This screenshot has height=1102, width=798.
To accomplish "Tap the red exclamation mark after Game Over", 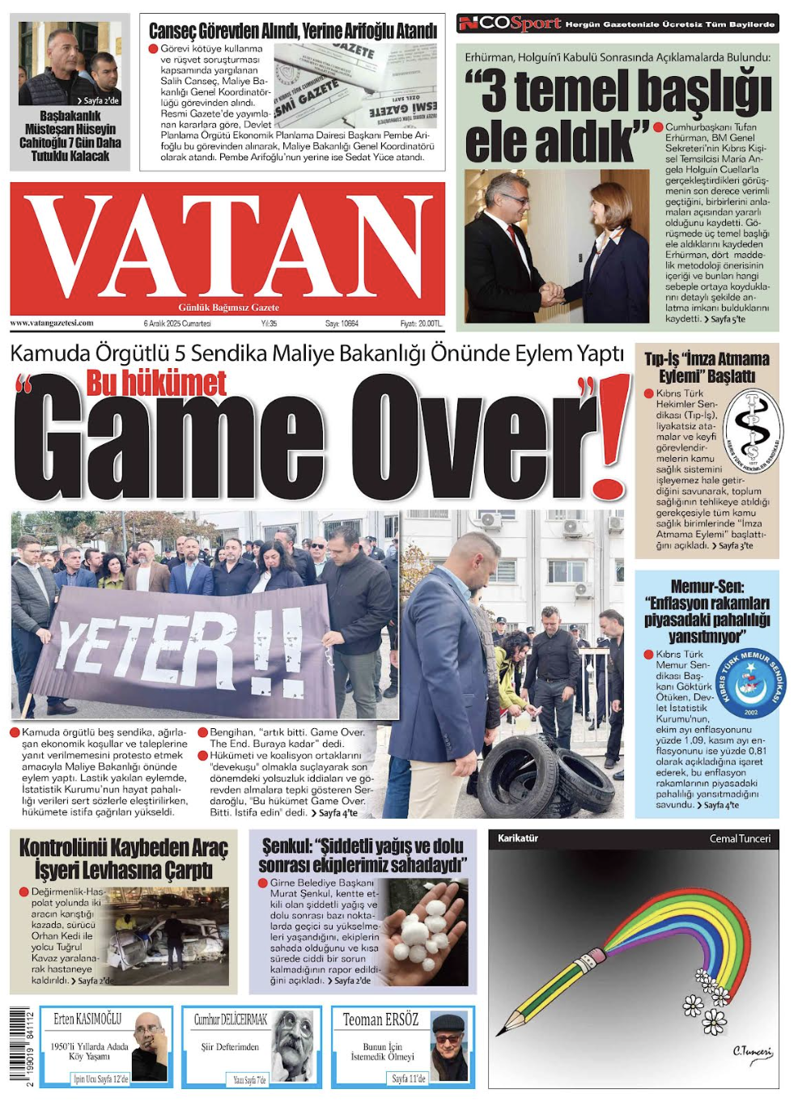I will pyautogui.click(x=613, y=437).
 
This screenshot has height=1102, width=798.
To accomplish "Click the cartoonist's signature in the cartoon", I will pyautogui.click(x=752, y=1052).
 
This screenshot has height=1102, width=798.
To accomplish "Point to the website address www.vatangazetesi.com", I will pyautogui.click(x=52, y=323).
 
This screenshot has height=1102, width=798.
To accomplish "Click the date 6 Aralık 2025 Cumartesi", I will pyautogui.click(x=177, y=324).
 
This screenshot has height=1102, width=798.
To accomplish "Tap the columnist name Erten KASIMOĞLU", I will pyautogui.click(x=87, y=1019).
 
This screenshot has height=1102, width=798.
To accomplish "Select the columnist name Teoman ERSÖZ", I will pyautogui.click(x=380, y=1019).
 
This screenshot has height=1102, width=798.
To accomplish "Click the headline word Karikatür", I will pyautogui.click(x=518, y=838).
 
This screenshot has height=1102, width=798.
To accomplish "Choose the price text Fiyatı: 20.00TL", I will pyautogui.click(x=421, y=324).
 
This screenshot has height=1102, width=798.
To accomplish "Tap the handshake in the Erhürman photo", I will pyautogui.click(x=553, y=293).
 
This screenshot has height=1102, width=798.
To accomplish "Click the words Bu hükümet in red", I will pyautogui.click(x=156, y=383).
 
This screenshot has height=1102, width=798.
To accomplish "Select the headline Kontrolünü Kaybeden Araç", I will pyautogui.click(x=123, y=847).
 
